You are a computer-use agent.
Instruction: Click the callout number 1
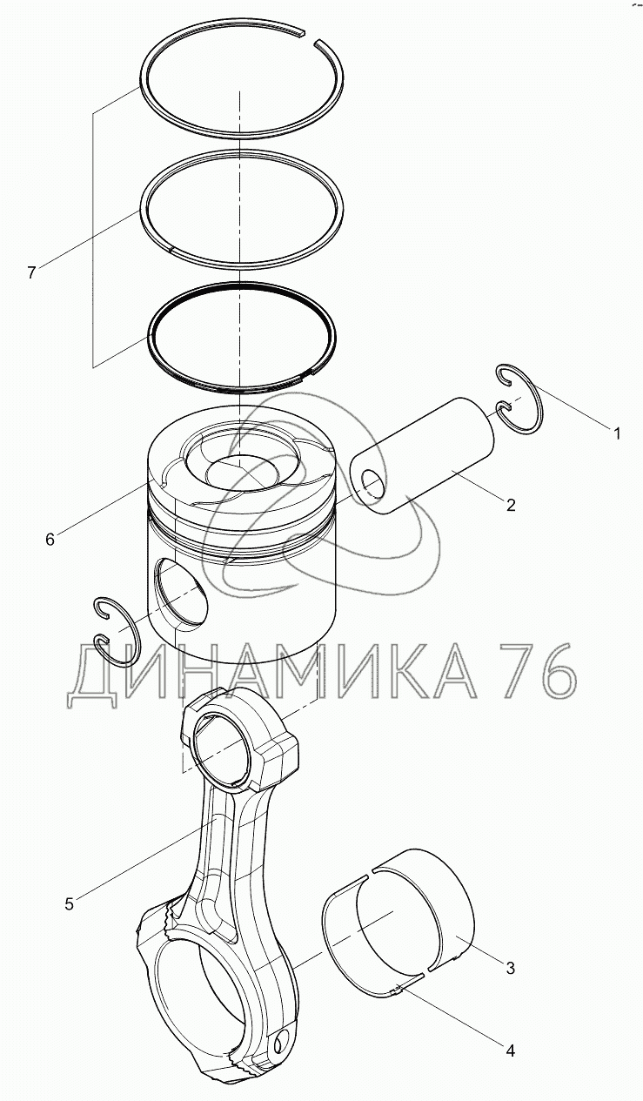coord(617,433)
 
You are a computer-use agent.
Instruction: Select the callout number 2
coord(511,505)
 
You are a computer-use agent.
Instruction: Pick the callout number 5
coord(69,903)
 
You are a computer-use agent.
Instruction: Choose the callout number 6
coord(50,540)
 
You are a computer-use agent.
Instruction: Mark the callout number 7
coord(31,272)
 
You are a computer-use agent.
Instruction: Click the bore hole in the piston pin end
coord(372,483)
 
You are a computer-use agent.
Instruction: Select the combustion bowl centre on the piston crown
coord(242,473)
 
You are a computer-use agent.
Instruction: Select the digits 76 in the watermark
coord(539,671)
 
